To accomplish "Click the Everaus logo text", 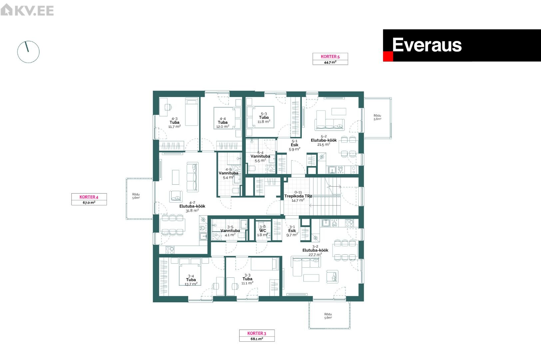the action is pos(427,45).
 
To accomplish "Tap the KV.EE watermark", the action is pos(27,10).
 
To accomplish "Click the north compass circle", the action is pos(28,52).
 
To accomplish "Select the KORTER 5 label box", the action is pos(330,59).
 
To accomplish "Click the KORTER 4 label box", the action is pos(89,199).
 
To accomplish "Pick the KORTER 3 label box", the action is pos(257,336).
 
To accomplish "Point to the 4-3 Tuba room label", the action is pos(174,122).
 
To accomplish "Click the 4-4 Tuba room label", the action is pos(223,122).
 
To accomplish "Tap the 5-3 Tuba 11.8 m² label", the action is pos(264,118).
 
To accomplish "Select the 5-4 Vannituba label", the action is pos(260,157).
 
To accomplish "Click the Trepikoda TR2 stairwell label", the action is pos(298,196).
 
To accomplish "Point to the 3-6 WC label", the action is pos(263,231).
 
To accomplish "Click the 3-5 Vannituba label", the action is pos(230,231).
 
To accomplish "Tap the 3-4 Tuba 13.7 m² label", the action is pos(191,280).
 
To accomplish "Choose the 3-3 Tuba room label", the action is pos(247,279).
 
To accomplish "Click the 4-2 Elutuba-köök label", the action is pos(192,207).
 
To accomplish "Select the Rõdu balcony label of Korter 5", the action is pos(377,117).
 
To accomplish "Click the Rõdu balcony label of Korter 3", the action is pos(328,316).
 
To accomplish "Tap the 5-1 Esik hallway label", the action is pos(294,145).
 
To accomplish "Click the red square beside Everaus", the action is pos(388,56).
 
